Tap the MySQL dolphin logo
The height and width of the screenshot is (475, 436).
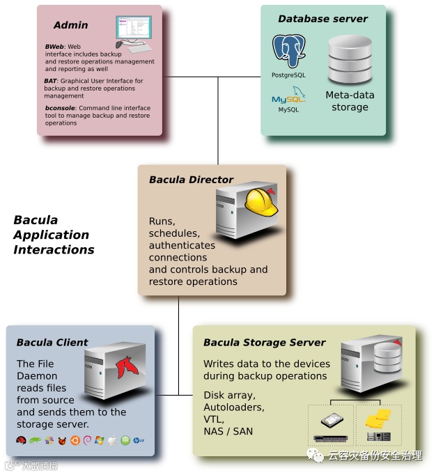pyautogui.click(x=288, y=98)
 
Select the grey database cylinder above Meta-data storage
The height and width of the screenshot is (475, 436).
pyautogui.click(x=350, y=59)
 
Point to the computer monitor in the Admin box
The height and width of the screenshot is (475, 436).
pyautogui.click(x=134, y=29)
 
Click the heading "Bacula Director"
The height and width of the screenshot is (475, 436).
pyautogui.click(x=191, y=180)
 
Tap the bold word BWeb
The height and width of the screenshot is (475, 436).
pyautogui.click(x=54, y=47)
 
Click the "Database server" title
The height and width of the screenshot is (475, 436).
pyautogui.click(x=322, y=19)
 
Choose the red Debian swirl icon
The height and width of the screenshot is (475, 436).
pyautogui.click(x=87, y=440)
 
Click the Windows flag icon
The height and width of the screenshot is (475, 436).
pyautogui.click(x=100, y=440)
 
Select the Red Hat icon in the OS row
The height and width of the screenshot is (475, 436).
pyautogui.click(x=22, y=440)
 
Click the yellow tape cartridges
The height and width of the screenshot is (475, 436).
pyautogui.click(x=379, y=419)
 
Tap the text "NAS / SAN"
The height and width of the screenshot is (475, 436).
pyautogui.click(x=228, y=431)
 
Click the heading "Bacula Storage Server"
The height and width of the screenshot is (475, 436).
pyautogui.click(x=265, y=343)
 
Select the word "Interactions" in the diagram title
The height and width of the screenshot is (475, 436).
pyautogui.click(x=54, y=249)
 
